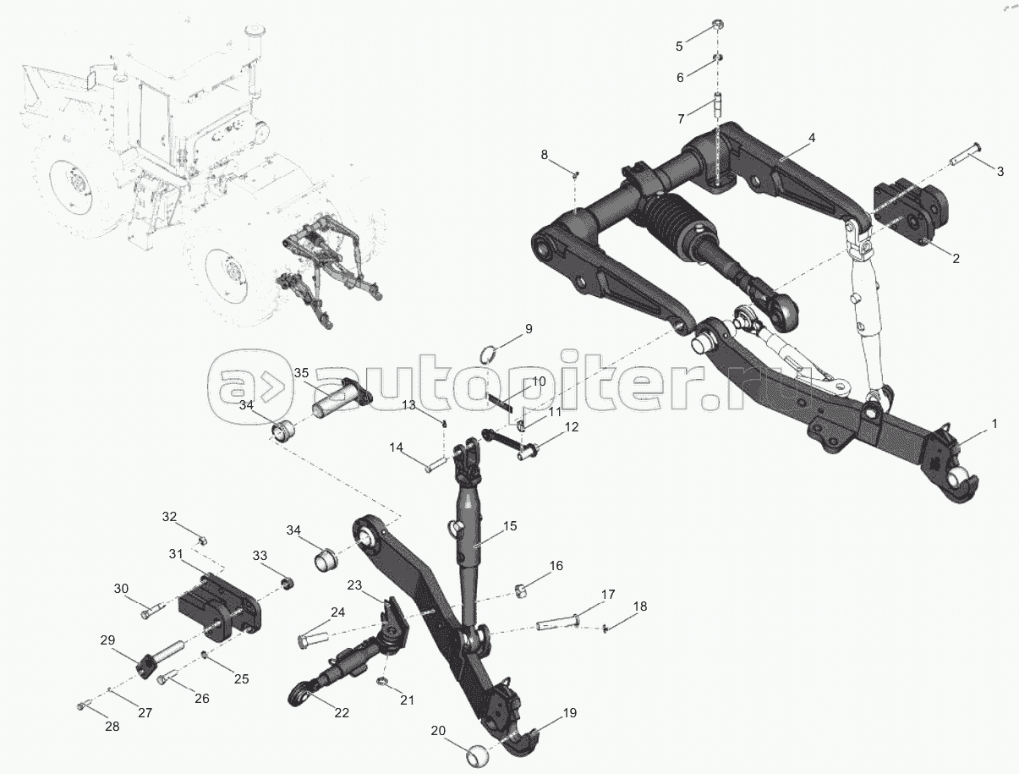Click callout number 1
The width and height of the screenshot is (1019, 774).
[994, 424]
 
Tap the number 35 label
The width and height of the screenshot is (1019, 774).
[302, 373]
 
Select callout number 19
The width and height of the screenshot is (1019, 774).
[569, 713]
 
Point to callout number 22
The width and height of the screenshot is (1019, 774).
[341, 712]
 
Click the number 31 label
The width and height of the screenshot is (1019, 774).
[175, 554]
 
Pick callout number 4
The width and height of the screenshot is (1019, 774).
[811, 137]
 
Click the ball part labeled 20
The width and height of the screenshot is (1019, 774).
[479, 754]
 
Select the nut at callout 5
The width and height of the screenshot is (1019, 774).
[716, 23]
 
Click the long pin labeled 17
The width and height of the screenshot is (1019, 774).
[558, 626]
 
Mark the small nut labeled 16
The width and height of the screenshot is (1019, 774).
[521, 589]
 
